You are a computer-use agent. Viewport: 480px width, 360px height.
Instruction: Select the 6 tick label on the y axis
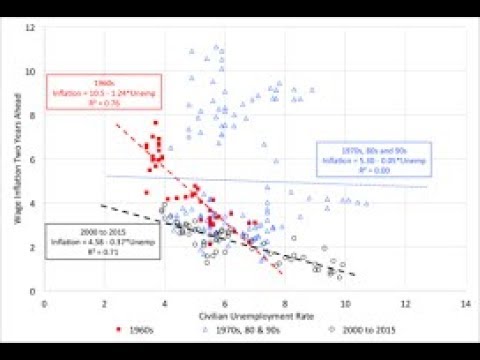(x=33, y=159)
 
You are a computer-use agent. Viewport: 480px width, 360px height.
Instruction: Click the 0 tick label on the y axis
(x=33, y=290)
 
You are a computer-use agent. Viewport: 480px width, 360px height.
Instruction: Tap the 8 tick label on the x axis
(x=284, y=300)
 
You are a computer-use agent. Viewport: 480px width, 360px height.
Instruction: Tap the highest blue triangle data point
(x=215, y=46)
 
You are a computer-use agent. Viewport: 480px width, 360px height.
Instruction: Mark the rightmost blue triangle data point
(x=367, y=203)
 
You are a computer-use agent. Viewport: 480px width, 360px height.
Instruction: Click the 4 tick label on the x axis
(x=164, y=300)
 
